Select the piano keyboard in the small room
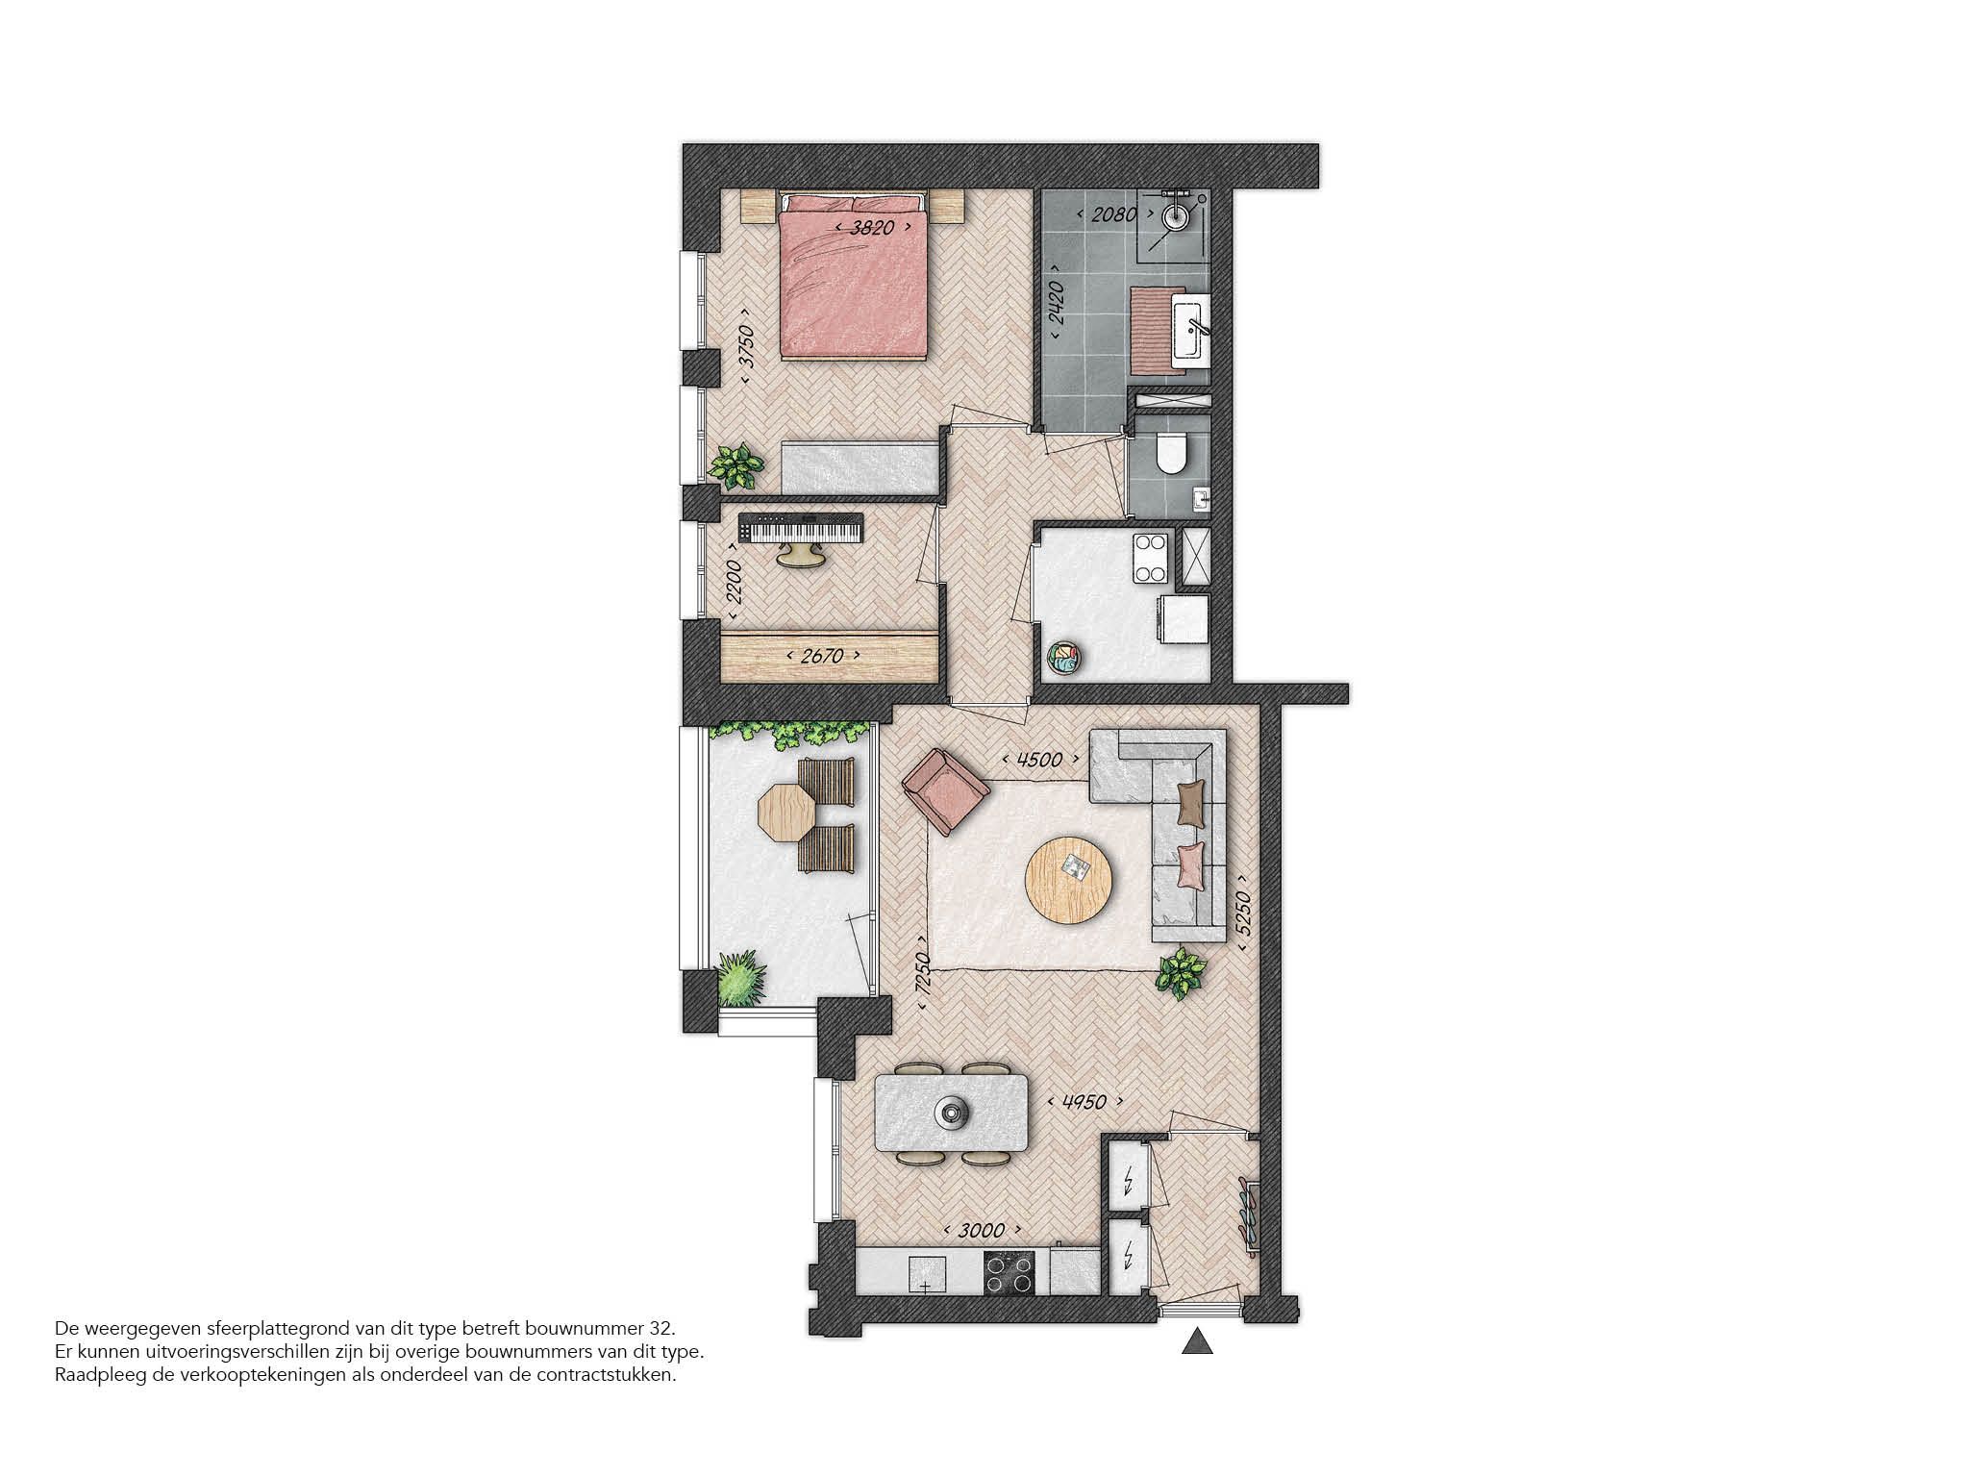point(801,529)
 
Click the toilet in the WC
point(1171,455)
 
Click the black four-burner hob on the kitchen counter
point(1009,1274)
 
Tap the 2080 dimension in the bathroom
point(1113,214)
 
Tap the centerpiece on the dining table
point(952,1113)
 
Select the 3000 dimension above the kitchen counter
point(982,1230)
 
